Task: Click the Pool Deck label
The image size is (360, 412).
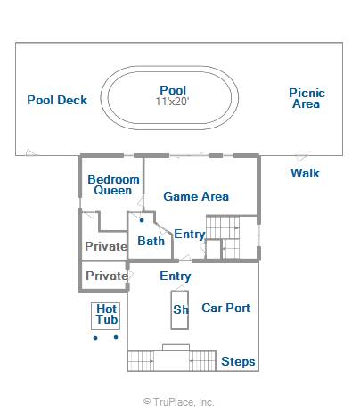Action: pyautogui.click(x=57, y=100)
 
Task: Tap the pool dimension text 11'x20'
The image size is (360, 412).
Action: pyautogui.click(x=173, y=102)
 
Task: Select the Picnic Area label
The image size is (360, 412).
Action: pyautogui.click(x=307, y=98)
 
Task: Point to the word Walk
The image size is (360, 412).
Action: pyautogui.click(x=305, y=173)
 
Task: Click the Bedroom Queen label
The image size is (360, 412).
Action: pyautogui.click(x=113, y=185)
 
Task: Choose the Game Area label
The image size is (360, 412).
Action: pyautogui.click(x=196, y=196)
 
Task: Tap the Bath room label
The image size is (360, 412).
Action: pyautogui.click(x=151, y=241)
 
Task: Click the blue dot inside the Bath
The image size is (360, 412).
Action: pyautogui.click(x=142, y=220)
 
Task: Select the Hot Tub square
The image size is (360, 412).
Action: pyautogui.click(x=105, y=316)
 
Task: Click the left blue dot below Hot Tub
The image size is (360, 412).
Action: pyautogui.click(x=95, y=338)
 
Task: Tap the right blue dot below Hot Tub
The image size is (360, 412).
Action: pyautogui.click(x=116, y=337)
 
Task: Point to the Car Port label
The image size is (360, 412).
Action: pyautogui.click(x=225, y=308)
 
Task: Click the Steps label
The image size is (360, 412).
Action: pyautogui.click(x=238, y=362)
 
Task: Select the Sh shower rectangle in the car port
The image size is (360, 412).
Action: pyautogui.click(x=180, y=309)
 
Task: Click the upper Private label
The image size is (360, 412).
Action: pyautogui.click(x=106, y=246)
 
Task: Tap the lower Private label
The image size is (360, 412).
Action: pyautogui.click(x=107, y=276)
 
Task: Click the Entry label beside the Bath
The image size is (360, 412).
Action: pyautogui.click(x=190, y=235)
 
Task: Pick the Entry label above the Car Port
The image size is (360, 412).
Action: pyautogui.click(x=176, y=276)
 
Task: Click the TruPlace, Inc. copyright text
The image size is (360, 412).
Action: pyautogui.click(x=178, y=402)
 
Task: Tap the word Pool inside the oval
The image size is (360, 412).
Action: pyautogui.click(x=173, y=90)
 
